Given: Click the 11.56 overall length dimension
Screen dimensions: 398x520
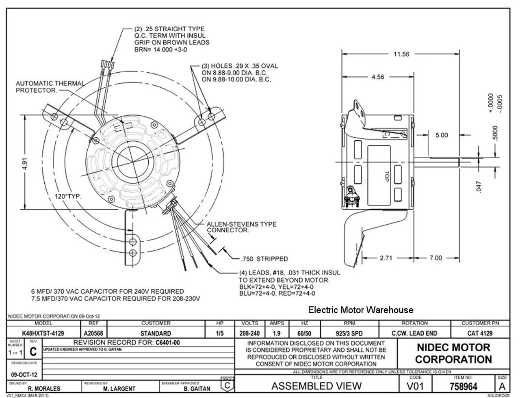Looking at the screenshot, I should click(401, 54).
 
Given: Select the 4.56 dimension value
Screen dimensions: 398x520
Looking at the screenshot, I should click(377, 77).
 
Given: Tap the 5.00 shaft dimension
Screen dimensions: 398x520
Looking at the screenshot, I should click(442, 135).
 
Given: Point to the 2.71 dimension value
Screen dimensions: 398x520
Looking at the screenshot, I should click(386, 258).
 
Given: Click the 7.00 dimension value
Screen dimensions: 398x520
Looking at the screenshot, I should click(435, 258).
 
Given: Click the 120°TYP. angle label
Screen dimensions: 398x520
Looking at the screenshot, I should click(68, 197).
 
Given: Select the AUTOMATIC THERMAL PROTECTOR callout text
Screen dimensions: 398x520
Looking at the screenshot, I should click(50, 87).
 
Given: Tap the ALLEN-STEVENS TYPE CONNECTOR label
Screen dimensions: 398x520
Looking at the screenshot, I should click(241, 227).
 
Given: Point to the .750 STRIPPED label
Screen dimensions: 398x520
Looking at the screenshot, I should click(264, 259).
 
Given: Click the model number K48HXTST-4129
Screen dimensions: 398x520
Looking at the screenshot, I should click(43, 333).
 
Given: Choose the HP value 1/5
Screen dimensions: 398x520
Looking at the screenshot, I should click(220, 333).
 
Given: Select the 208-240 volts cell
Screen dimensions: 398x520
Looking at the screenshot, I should click(249, 333).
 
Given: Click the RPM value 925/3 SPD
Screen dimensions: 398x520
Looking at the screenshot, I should click(349, 333).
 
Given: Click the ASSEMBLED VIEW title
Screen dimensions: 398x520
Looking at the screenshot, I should click(316, 386).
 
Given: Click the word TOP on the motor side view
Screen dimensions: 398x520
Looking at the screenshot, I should click(387, 175).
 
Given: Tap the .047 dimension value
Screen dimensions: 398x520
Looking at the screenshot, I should click(479, 187).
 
